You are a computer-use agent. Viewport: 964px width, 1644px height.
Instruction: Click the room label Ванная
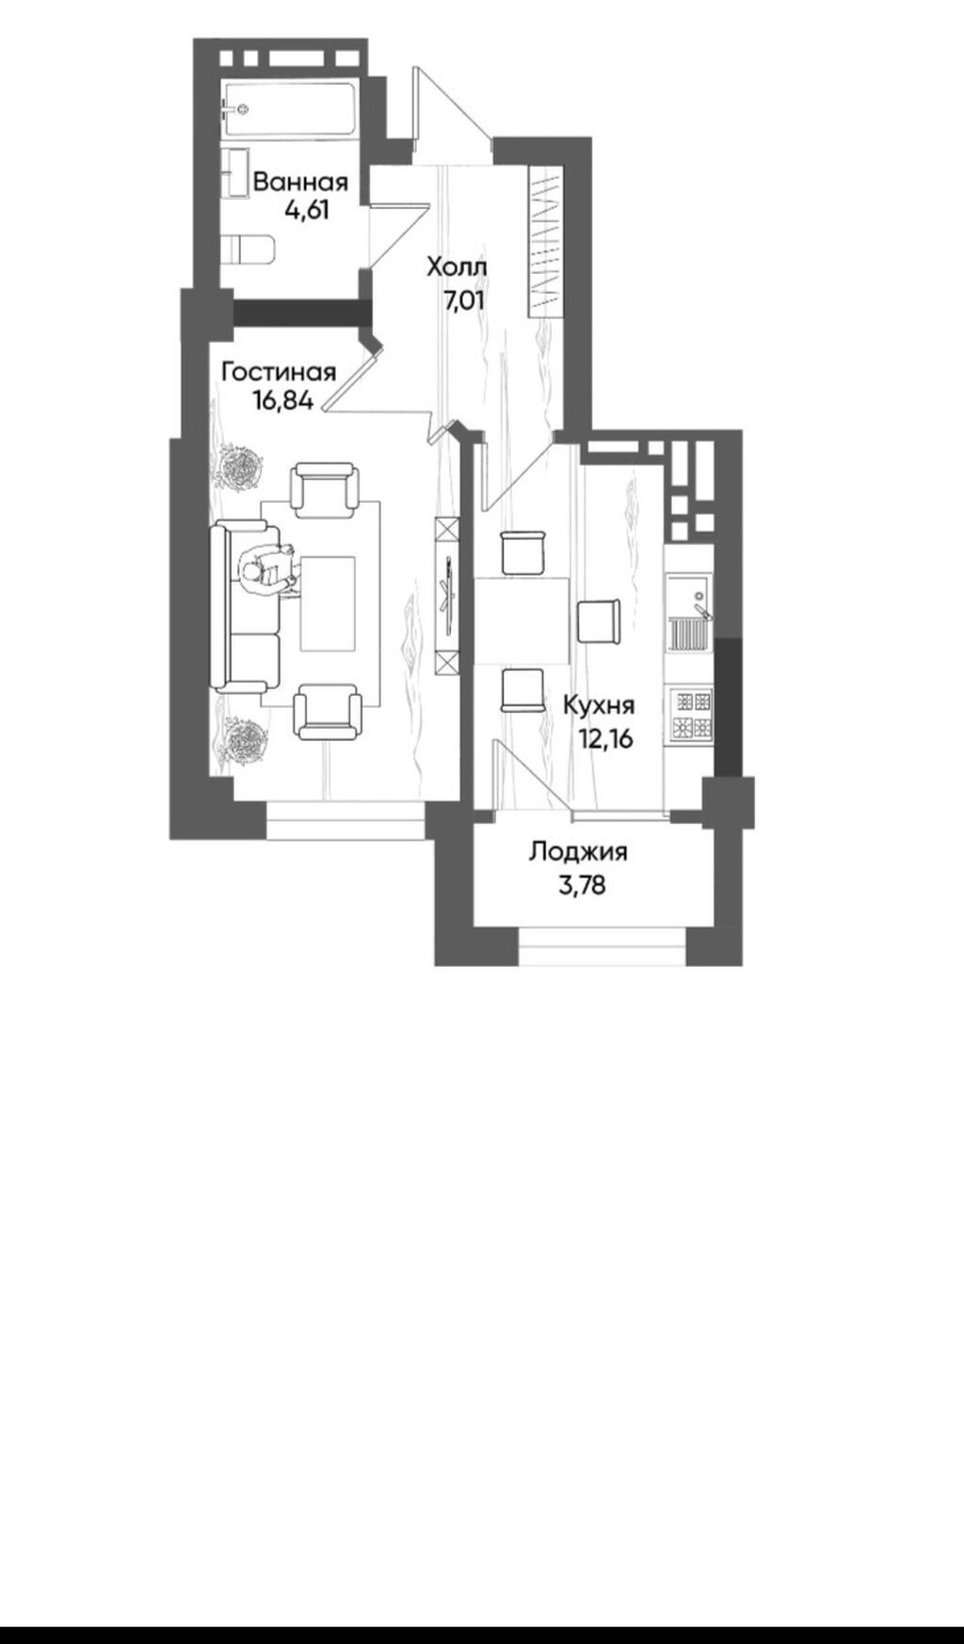[300, 182]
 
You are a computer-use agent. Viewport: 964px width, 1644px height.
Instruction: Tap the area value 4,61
[308, 210]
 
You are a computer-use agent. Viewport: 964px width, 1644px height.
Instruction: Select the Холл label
[458, 268]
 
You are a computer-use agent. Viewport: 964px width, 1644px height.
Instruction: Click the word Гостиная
[279, 372]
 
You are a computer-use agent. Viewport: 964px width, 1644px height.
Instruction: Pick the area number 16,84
[281, 400]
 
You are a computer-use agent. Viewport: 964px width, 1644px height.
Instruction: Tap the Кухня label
[599, 705]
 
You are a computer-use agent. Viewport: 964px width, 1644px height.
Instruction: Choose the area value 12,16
[605, 737]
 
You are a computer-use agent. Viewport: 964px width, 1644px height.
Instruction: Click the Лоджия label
[578, 853]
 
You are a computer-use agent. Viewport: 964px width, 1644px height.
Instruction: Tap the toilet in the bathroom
[250, 249]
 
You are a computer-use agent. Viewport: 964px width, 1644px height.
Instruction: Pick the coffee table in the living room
[328, 603]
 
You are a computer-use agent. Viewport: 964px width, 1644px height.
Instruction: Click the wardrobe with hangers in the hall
[545, 243]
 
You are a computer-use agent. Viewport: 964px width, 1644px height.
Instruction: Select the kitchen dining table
[522, 621]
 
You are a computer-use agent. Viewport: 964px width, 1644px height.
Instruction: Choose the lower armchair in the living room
[327, 712]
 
